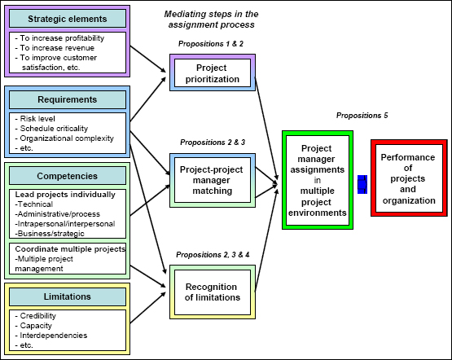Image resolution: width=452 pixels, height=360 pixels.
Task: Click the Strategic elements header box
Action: (68, 19)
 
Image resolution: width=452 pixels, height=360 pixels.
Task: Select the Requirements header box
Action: (68, 99)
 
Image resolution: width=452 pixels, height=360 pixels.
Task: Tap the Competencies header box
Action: (68, 176)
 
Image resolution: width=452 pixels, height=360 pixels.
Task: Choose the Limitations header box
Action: (68, 297)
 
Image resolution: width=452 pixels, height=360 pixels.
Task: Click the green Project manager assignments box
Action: (317, 181)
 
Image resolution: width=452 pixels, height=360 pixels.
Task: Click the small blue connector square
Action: (362, 183)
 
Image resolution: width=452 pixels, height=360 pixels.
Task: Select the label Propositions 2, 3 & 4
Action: (213, 255)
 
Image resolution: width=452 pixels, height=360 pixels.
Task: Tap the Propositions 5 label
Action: (362, 116)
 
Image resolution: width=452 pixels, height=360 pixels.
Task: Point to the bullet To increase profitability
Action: (63, 38)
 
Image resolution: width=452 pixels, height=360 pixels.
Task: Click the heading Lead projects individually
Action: (65, 195)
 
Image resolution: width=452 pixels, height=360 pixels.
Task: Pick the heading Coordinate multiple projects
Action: (69, 248)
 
